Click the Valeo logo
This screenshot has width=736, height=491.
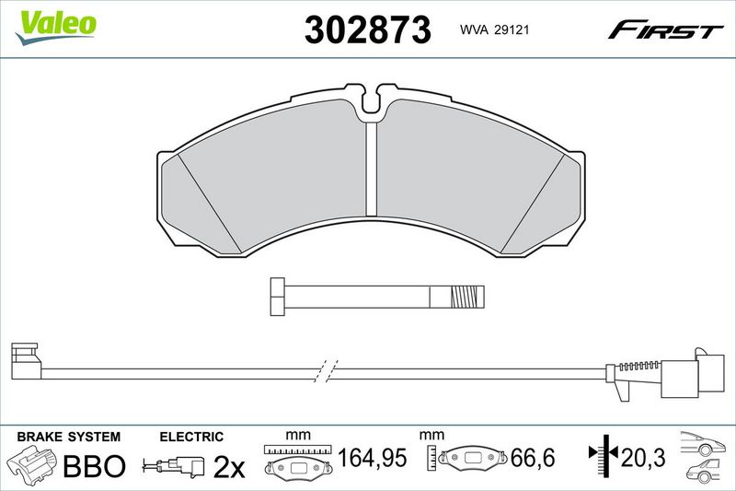click(x=56, y=27)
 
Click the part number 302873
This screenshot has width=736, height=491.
click(x=367, y=29)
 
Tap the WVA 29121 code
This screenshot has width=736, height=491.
click(x=494, y=29)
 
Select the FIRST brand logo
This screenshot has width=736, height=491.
click(x=665, y=29)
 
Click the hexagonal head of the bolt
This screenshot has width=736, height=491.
click(x=278, y=297)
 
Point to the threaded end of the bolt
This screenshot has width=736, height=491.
click(x=467, y=297)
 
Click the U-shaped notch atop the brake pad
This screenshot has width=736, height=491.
click(x=372, y=101)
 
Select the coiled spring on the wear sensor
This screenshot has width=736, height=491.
click(x=640, y=366)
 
